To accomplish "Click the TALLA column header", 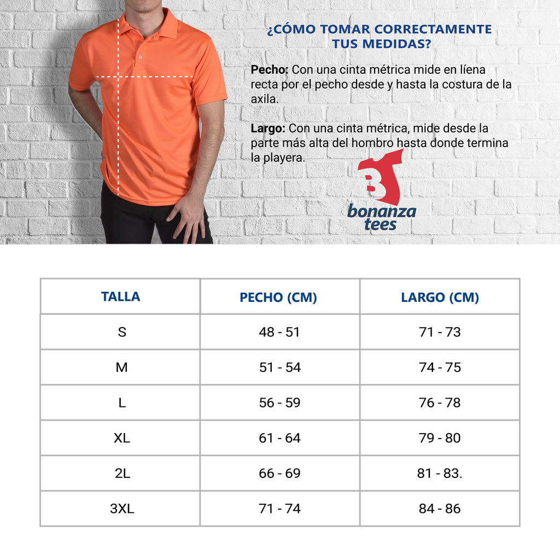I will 120,297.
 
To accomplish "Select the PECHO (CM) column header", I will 278,297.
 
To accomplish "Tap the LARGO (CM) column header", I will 440,297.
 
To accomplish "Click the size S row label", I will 121,332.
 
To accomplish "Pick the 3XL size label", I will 121,509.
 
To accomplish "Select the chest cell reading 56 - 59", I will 279,402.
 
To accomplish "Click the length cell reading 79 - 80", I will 440,438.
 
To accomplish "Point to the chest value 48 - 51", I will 279,332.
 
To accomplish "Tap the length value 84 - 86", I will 440,509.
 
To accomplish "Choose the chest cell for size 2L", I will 279,473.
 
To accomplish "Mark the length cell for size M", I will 440,367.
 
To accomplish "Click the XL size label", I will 121,438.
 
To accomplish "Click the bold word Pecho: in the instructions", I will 270,70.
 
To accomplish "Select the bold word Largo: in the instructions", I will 268,129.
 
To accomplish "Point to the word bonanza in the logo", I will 382,212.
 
